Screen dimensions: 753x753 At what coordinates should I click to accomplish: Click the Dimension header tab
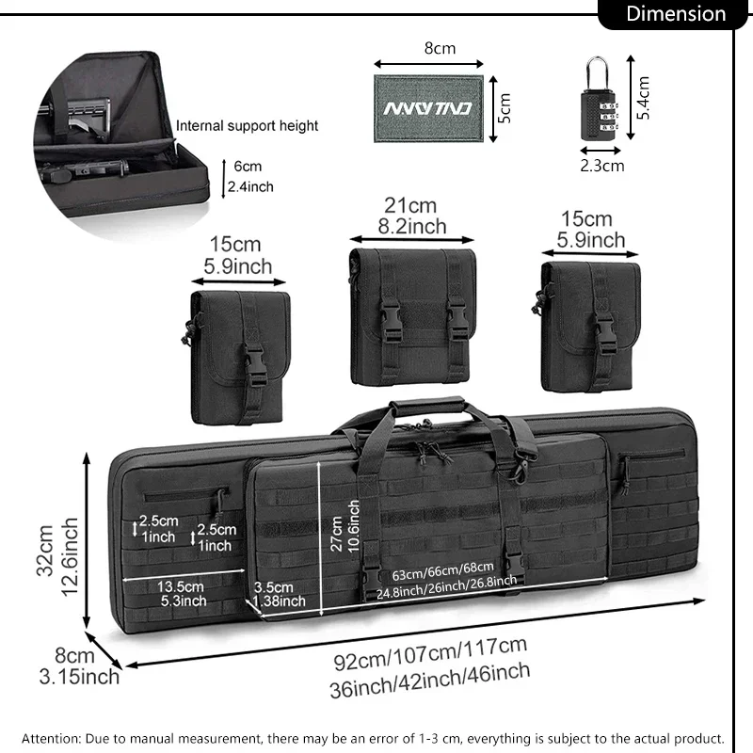pyautogui.click(x=676, y=14)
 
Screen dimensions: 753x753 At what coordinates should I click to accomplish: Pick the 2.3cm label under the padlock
pyautogui.click(x=602, y=166)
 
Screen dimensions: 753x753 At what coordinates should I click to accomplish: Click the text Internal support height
pyautogui.click(x=248, y=125)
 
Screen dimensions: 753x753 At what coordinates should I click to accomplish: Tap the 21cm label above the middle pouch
pyautogui.click(x=410, y=205)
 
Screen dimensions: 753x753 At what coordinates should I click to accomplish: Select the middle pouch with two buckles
pyautogui.click(x=412, y=315)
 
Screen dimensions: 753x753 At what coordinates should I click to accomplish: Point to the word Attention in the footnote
pyautogui.click(x=52, y=739)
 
